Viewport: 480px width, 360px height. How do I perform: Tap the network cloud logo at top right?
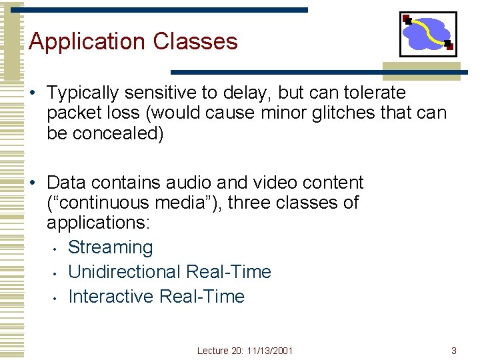428,34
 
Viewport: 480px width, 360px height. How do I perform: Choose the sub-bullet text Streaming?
111,247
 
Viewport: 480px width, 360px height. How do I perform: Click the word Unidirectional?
125,272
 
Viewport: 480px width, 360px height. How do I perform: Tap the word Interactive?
111,297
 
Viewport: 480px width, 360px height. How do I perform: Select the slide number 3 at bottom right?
454,351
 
